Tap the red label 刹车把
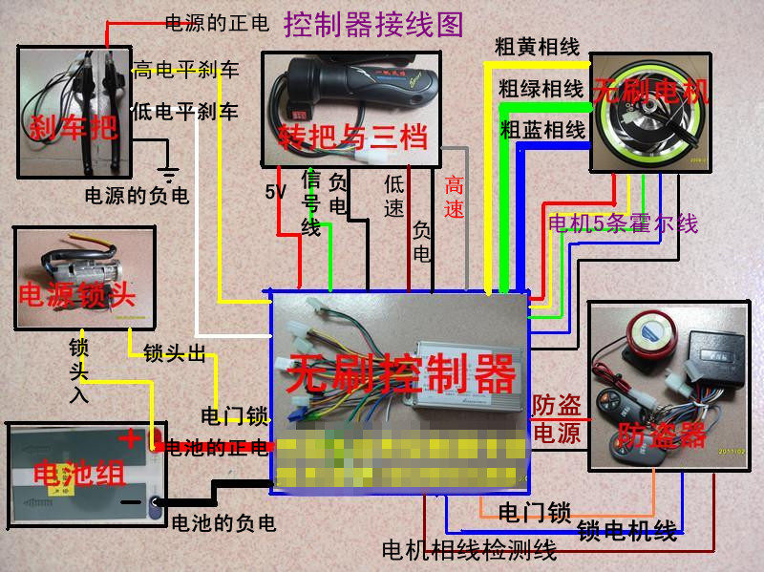(x=74, y=126)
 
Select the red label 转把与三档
(x=351, y=138)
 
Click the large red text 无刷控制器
(x=402, y=373)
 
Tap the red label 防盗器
(x=663, y=435)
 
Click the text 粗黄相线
(x=537, y=46)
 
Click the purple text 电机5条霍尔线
(x=623, y=224)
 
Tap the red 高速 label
(x=455, y=198)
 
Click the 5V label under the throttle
(x=276, y=192)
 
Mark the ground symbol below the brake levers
(x=169, y=175)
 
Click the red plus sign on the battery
(x=129, y=438)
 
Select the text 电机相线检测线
(x=468, y=550)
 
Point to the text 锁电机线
(x=627, y=530)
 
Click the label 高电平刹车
(x=186, y=70)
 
